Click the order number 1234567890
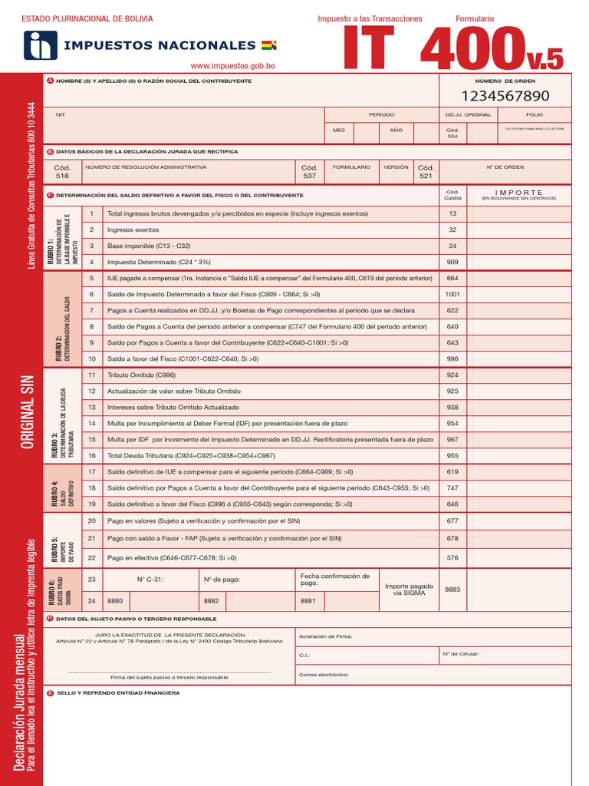505,96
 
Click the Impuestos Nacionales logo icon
39,45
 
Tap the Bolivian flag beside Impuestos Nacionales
269,45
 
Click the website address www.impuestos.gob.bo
232,67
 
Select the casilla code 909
452,262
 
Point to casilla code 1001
452,294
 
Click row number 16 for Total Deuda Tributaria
91,455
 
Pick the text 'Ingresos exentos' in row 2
133,230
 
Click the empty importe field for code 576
518,557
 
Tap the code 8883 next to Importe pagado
452,589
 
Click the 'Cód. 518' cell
62,171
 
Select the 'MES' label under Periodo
339,130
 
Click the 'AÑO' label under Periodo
396,130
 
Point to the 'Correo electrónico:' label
324,675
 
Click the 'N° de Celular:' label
461,654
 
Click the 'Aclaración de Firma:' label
326,636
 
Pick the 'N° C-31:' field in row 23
150,580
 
